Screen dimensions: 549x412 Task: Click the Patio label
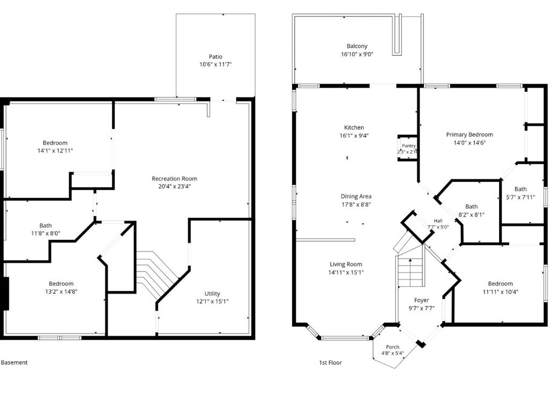[216, 57]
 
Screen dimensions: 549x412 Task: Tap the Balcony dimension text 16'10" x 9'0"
[357, 54]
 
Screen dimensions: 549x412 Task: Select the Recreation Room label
[174, 179]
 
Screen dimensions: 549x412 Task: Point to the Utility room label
[212, 293]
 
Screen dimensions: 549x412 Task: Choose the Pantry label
[408, 145]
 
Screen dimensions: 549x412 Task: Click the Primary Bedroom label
[470, 135]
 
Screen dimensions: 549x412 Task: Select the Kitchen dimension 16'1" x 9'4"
[354, 136]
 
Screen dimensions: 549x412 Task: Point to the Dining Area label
[356, 196]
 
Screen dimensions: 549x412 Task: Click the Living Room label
[346, 264]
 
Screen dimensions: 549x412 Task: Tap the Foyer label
[422, 300]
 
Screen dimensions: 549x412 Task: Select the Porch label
[392, 347]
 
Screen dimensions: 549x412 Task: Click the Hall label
[438, 221]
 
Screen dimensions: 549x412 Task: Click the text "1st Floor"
[330, 363]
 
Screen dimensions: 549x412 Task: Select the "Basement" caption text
[14, 363]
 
